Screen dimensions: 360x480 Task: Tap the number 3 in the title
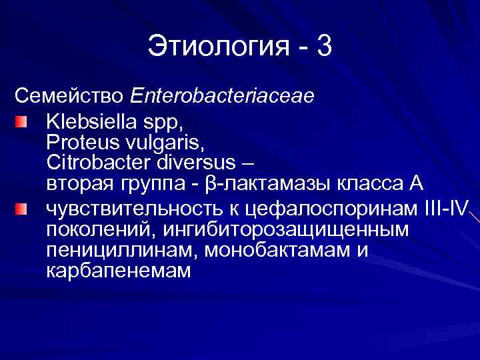[324, 47]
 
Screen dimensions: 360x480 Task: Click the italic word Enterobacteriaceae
[223, 95]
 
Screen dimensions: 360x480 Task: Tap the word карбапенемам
[119, 271]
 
